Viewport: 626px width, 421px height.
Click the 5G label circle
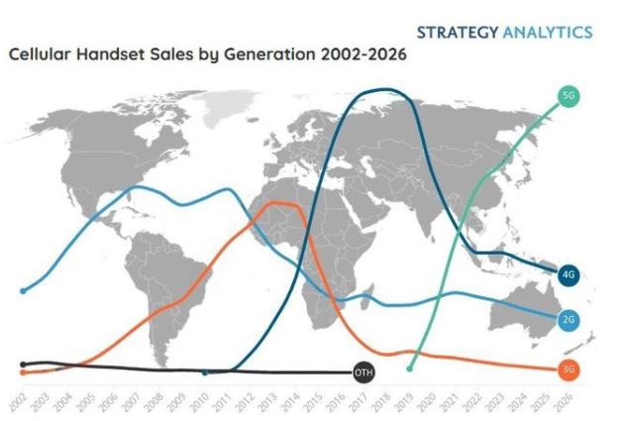[x=569, y=96]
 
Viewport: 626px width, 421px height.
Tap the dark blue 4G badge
[x=569, y=274]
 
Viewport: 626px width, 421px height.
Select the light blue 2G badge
[x=569, y=319]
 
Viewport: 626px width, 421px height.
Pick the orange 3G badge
[x=569, y=369]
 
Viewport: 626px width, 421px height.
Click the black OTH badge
[x=364, y=372]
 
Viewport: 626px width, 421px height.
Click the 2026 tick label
[x=567, y=400]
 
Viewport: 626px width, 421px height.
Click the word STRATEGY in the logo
[x=459, y=32]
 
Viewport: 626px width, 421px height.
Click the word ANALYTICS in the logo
[x=548, y=32]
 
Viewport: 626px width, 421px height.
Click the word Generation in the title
[x=251, y=54]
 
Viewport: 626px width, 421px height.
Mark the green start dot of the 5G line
[x=410, y=368]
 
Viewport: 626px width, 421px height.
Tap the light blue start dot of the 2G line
[x=22, y=290]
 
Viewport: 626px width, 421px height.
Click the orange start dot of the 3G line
[x=22, y=372]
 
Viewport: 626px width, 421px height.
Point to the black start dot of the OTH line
[x=22, y=364]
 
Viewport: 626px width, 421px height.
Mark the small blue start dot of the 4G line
[x=205, y=372]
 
